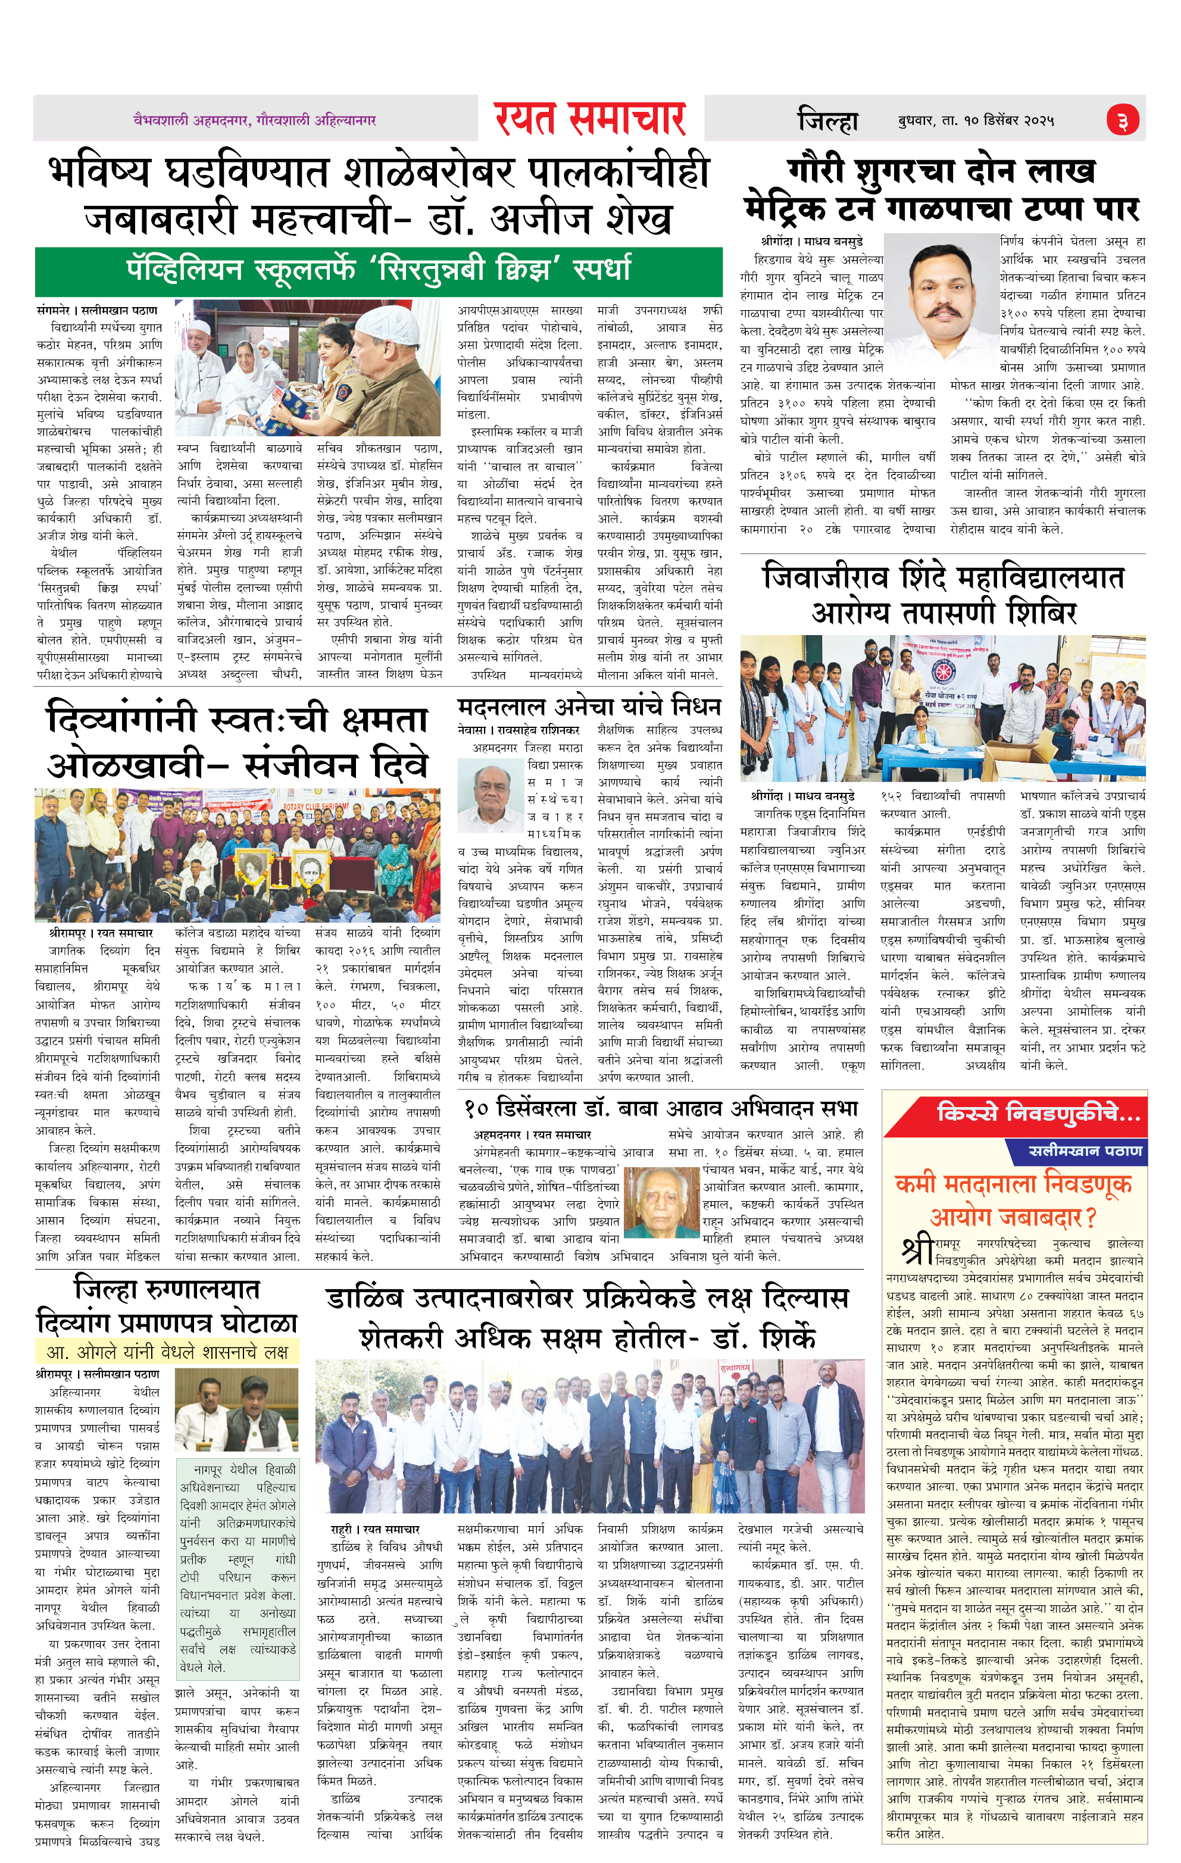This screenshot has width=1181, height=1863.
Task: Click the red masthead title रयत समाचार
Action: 590,119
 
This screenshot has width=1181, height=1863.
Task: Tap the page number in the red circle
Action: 1122,121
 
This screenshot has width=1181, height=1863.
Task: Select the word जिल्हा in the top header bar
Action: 827,121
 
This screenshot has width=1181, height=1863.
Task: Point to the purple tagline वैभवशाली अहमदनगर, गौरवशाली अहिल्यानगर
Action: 255,120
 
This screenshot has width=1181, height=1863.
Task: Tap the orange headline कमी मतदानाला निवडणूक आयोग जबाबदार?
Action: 1014,1200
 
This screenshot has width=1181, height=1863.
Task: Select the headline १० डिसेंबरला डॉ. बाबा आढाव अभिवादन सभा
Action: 662,1109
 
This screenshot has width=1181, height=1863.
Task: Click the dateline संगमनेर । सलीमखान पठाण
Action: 97,310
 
